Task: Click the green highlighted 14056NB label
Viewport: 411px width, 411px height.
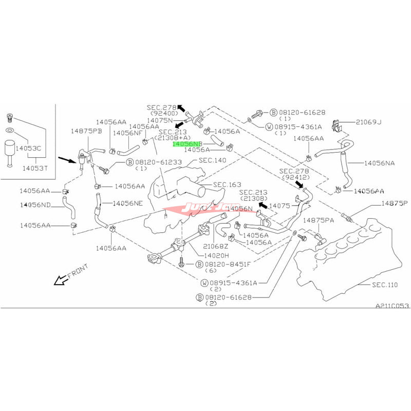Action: [188, 144]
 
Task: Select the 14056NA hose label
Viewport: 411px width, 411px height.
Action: [381, 163]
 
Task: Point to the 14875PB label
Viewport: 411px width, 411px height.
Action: [87, 131]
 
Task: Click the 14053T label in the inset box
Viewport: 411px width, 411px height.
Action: [32, 168]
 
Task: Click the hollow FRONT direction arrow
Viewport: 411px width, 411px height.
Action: [61, 279]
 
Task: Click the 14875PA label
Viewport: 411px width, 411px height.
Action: [319, 220]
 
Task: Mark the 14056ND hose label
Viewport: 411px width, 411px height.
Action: [35, 205]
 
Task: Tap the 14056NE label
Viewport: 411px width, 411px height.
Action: [127, 203]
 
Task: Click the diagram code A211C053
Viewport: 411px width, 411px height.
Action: [391, 305]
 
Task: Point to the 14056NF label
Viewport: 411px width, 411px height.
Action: [123, 132]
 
